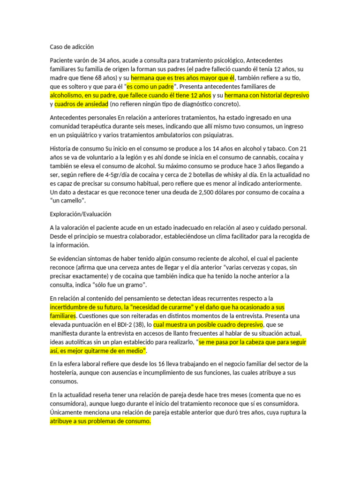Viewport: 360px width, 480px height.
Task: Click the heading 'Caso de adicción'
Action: tap(72, 47)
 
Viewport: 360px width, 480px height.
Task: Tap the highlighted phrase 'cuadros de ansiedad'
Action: tap(81, 104)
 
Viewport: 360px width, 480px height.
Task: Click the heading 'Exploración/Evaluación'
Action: tap(80, 214)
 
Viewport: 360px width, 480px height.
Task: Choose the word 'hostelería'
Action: tap(67, 373)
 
